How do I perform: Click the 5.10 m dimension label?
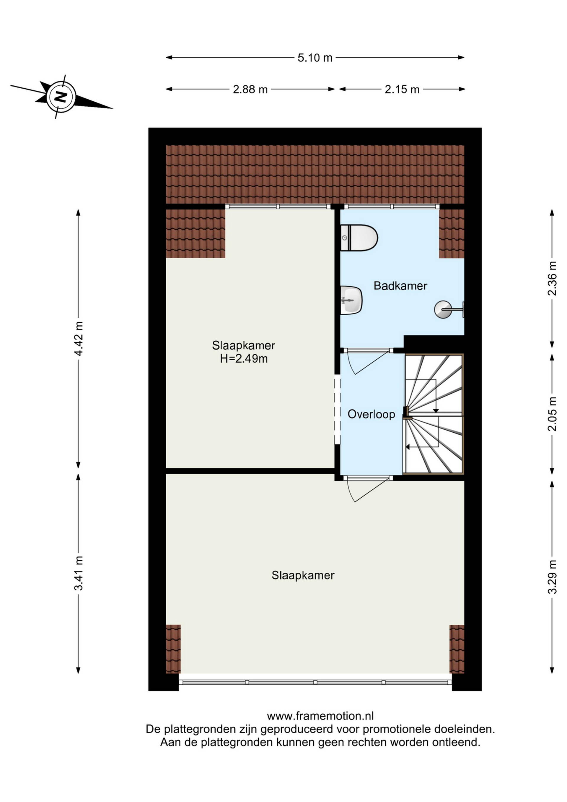[315, 58]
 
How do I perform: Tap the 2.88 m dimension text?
[250, 90]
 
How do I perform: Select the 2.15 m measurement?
[402, 90]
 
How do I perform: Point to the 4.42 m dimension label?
[79, 339]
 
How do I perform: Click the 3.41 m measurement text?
[79, 573]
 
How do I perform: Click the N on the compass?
[61, 96]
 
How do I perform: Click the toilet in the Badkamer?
[359, 238]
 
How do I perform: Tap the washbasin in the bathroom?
[351, 300]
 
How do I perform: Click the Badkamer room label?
[400, 286]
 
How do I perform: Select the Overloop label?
[372, 414]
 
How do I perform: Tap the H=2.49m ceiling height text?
[244, 359]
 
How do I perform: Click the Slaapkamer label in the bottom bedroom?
[303, 575]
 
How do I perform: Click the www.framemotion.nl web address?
[320, 716]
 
